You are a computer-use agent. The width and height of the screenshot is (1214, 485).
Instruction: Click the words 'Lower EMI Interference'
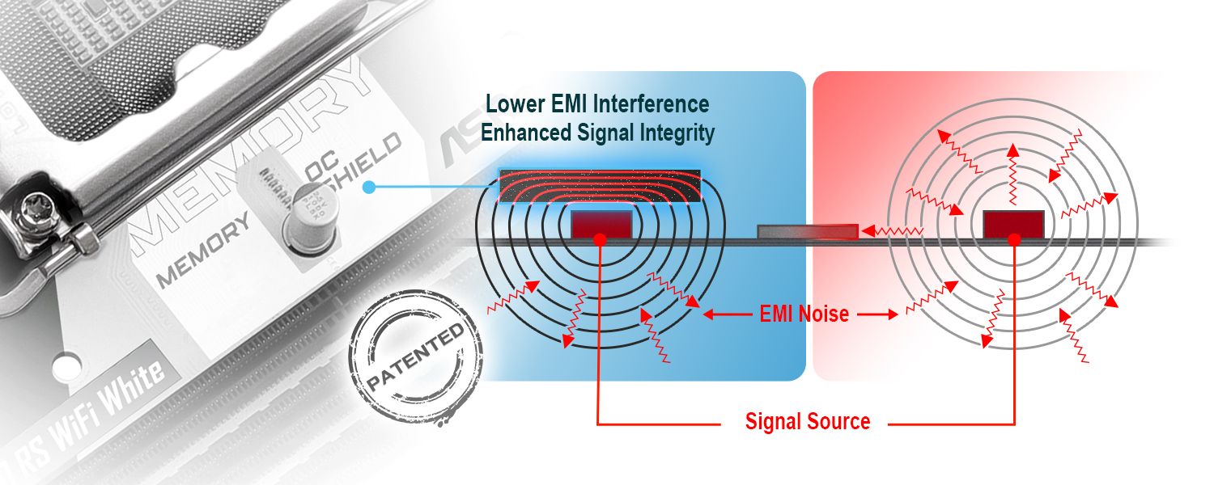point(597,104)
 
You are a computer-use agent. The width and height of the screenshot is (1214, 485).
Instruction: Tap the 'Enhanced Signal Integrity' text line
point(597,132)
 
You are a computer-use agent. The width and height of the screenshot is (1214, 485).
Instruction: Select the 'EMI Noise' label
point(804,314)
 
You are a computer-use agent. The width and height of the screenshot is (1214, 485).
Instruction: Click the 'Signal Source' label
point(807,421)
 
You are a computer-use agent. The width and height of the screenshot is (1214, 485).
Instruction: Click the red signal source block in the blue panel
point(601,223)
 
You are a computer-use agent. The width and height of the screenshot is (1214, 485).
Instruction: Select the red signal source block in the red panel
point(1012,223)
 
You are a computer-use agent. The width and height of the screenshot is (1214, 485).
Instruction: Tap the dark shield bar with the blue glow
point(600,186)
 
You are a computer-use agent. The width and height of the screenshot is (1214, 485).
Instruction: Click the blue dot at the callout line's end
point(368,188)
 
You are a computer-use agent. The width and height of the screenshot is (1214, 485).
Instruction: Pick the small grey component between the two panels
point(807,232)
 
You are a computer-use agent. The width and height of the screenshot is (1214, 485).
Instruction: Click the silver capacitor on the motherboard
point(310,218)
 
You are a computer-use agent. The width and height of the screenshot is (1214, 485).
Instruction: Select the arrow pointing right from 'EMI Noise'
point(880,314)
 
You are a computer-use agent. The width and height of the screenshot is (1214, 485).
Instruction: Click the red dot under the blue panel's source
point(600,241)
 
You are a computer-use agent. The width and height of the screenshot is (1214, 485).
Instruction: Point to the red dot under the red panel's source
point(1013,241)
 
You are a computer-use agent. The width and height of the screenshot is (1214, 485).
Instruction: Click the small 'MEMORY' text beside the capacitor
point(202,252)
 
